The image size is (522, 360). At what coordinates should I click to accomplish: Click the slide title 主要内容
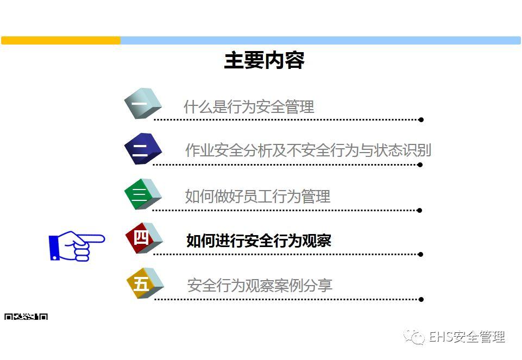264,60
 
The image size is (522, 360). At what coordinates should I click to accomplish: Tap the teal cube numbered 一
143,103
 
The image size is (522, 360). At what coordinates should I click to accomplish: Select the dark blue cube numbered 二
142,148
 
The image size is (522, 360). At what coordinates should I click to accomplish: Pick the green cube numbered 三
142,194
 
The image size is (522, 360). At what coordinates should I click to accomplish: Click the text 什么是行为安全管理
249,107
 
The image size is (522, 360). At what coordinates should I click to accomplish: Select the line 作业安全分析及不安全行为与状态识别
308,150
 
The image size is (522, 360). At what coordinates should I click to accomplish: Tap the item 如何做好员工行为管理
257,196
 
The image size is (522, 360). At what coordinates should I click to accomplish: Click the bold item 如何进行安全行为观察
259,241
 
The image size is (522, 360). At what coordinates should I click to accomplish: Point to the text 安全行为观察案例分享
260,285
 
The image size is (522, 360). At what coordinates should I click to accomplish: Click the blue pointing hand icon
76,246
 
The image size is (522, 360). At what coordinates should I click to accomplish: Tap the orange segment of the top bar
61,41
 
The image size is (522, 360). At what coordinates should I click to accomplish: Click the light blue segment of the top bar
320,41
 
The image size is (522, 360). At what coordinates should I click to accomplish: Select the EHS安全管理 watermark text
467,337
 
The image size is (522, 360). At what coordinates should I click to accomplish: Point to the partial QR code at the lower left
26,316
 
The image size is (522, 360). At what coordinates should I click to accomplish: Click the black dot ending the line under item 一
421,119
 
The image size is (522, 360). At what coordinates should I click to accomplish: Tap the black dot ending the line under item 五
421,299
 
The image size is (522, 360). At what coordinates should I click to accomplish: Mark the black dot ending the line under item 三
420,210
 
